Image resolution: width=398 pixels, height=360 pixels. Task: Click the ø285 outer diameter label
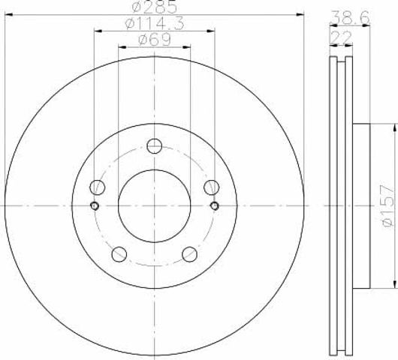click(x=154, y=7)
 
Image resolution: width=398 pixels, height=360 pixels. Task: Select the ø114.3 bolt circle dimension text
click(x=155, y=24)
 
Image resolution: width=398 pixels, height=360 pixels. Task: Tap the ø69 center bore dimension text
click(x=155, y=40)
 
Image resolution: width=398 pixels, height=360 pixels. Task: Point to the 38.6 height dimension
click(x=351, y=18)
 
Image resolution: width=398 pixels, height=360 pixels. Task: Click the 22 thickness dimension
click(x=341, y=37)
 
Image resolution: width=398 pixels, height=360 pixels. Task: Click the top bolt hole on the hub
click(x=155, y=146)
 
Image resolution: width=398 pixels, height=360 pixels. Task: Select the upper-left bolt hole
click(x=97, y=187)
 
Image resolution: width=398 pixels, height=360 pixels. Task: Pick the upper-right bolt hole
click(x=212, y=187)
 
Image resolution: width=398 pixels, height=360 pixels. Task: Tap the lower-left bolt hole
click(x=119, y=254)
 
